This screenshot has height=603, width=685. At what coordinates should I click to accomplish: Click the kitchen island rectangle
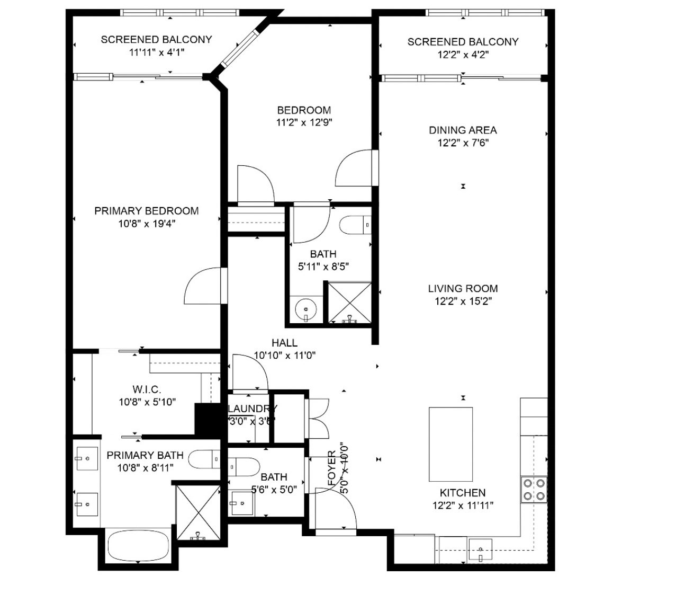click(x=450, y=444)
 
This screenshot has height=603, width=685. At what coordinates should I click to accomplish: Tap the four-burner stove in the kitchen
click(x=534, y=490)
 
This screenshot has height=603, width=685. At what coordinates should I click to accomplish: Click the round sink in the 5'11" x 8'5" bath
click(x=305, y=309)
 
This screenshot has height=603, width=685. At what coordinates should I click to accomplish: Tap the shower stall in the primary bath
click(x=198, y=512)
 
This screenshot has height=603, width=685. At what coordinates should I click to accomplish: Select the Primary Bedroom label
click(x=147, y=211)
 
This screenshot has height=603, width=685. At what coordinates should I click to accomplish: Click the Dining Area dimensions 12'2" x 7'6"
click(x=463, y=143)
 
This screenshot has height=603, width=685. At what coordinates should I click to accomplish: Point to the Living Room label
click(x=463, y=289)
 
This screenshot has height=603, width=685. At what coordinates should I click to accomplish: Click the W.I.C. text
click(x=147, y=389)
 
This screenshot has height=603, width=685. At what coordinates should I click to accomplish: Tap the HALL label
click(x=284, y=343)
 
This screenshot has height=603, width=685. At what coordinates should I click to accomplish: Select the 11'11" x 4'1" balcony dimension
click(x=156, y=52)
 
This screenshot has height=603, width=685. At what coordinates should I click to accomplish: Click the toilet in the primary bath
click(x=204, y=459)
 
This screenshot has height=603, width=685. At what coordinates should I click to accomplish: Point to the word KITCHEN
click(x=463, y=493)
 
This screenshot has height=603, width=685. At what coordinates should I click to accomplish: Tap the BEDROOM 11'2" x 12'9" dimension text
click(x=304, y=123)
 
